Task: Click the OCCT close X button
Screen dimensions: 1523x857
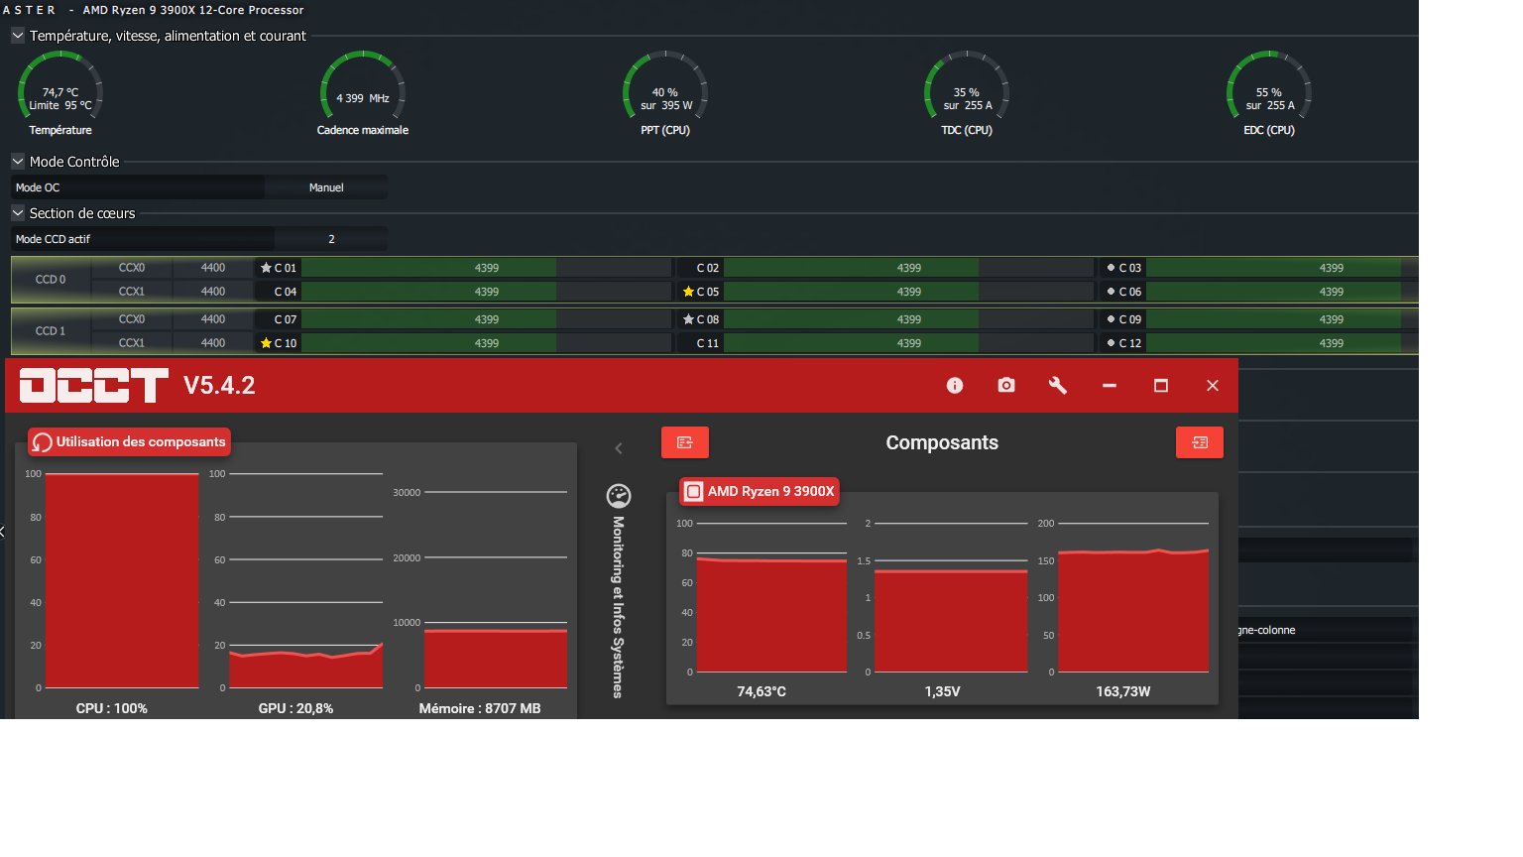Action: [1212, 386]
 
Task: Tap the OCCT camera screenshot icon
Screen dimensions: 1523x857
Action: [1006, 386]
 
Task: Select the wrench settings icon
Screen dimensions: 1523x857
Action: [1057, 386]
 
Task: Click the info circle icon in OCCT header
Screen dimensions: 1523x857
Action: [955, 386]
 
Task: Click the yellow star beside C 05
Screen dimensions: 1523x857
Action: [688, 292]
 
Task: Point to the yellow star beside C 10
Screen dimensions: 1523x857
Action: [266, 343]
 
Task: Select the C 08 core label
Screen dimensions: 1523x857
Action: [707, 319]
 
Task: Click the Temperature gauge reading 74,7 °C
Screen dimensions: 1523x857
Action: [59, 92]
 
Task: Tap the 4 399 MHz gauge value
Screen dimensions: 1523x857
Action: [362, 98]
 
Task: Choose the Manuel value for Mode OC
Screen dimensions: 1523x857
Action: [325, 187]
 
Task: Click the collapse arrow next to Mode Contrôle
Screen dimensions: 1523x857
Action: [18, 162]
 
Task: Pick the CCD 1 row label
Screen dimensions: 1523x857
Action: [51, 331]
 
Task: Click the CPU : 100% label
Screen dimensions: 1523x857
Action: [111, 709]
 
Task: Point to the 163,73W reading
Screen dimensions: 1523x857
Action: [1122, 691]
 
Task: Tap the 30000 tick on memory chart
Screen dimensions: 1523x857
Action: [407, 492]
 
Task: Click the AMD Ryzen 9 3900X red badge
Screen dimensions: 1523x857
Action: [760, 492]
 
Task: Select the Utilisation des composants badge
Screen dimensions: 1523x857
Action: [129, 442]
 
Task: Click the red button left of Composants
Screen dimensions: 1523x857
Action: [685, 442]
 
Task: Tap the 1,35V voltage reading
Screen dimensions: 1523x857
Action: [942, 691]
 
